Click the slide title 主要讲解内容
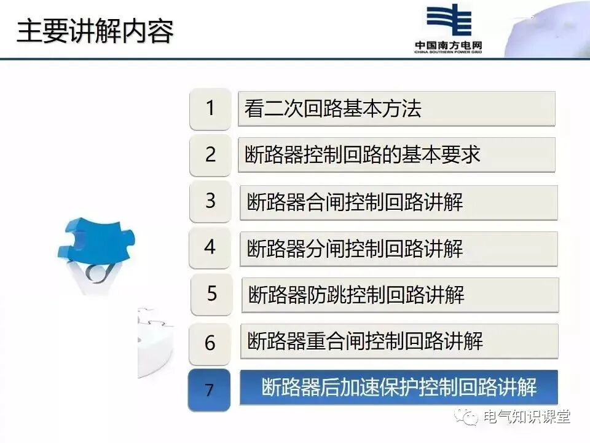click(x=95, y=31)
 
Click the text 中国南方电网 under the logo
click(x=448, y=46)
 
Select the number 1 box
click(x=210, y=109)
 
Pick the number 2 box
click(x=210, y=155)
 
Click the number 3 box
click(x=211, y=201)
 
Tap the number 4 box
click(x=210, y=248)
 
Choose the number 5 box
click(x=212, y=294)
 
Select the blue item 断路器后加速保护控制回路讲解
click(x=399, y=387)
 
